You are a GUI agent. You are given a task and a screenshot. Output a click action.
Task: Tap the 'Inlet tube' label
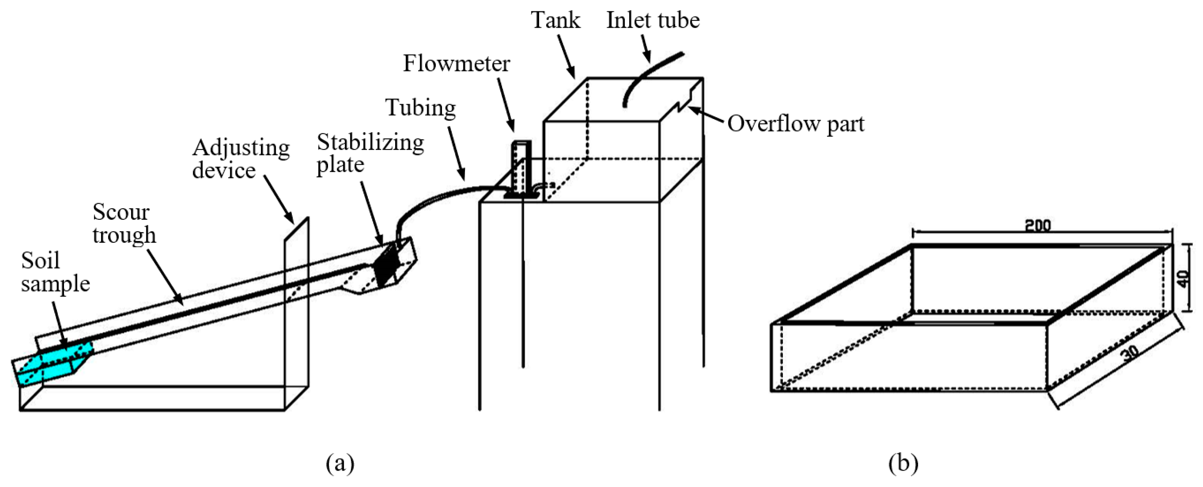[x=653, y=20]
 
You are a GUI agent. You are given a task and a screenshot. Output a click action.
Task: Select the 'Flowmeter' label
[x=456, y=64]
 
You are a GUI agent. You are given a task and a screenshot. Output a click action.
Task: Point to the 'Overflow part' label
[x=796, y=124]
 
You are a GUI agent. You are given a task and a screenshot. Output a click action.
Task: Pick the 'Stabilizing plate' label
[x=370, y=153]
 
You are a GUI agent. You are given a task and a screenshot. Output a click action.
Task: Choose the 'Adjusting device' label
[x=241, y=159]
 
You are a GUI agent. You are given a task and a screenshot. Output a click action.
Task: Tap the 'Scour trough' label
[x=124, y=223]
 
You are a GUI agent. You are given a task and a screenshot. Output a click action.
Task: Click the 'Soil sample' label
[x=55, y=272]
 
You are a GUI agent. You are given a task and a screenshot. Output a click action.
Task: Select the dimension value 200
[x=1038, y=226]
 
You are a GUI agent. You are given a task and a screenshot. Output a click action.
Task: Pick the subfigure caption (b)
[x=903, y=463]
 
